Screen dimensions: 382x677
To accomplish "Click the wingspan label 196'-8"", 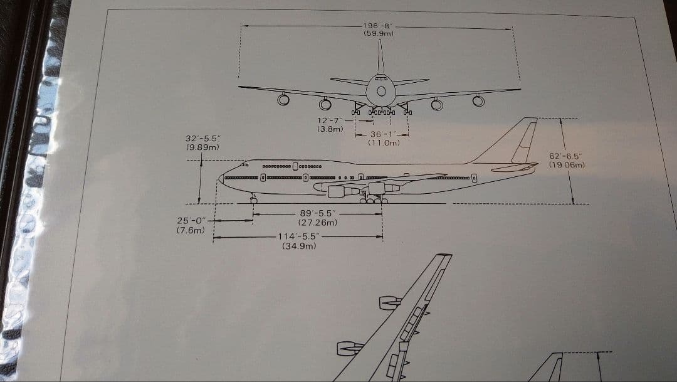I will pyautogui.click(x=378, y=25).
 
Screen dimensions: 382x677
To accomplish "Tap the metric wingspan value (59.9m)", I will pyautogui.click(x=378, y=33).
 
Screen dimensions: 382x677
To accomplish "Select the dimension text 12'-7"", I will pyautogui.click(x=330, y=120).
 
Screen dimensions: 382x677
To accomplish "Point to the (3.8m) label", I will pyautogui.click(x=330, y=129).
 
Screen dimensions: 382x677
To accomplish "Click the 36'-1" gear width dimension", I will pyautogui.click(x=382, y=134).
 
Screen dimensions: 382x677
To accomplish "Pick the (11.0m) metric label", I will pyautogui.click(x=383, y=142).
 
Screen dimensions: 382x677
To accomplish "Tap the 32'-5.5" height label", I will pyautogui.click(x=202, y=139).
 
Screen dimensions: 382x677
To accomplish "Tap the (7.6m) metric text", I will pyautogui.click(x=191, y=230).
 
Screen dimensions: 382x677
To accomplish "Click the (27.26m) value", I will pyautogui.click(x=318, y=222).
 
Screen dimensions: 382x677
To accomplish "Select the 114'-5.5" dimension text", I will pyautogui.click(x=299, y=237).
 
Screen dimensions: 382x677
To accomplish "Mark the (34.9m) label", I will pyautogui.click(x=299, y=246).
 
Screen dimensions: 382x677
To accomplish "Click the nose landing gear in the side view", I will pyautogui.click(x=253, y=199).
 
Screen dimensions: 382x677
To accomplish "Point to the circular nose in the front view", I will pyautogui.click(x=380, y=92).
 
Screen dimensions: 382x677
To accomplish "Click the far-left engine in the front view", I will pyautogui.click(x=283, y=99).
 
